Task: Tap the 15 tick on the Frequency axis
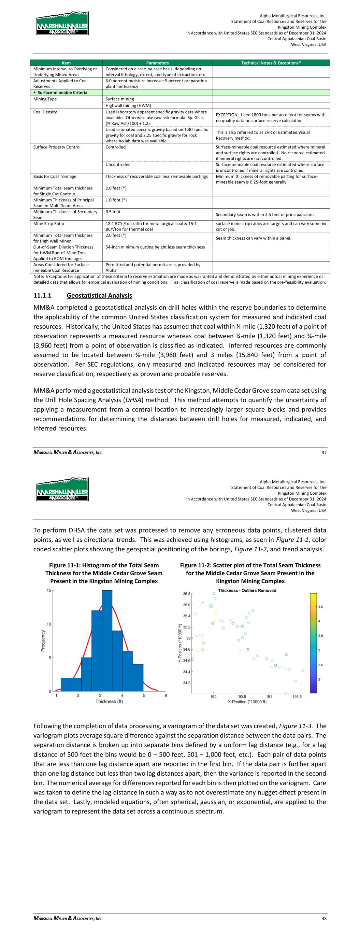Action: [49, 591]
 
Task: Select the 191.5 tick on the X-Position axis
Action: [297, 696]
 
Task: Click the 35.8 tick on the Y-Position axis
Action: [187, 594]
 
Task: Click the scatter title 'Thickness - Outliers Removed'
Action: [247, 591]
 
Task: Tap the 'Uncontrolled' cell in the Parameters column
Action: [118, 165]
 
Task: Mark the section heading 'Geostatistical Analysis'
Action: [99, 296]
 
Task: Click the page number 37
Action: [324, 452]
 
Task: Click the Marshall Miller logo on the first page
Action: [62, 24]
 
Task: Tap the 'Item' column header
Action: [66, 63]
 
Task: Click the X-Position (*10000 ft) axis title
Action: [247, 702]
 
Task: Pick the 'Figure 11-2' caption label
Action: [196, 565]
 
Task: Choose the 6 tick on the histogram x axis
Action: [166, 695]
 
